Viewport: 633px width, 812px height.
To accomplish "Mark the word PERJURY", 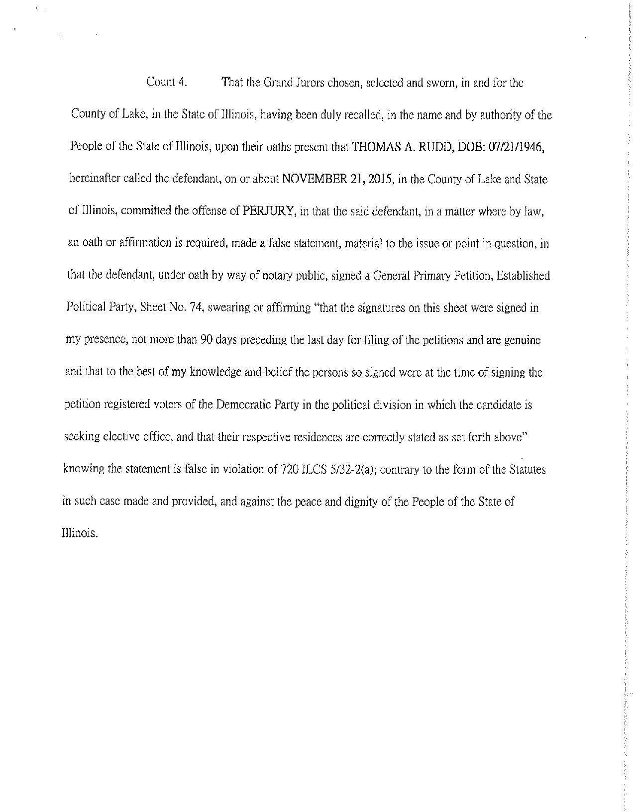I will pyautogui.click(x=270, y=211).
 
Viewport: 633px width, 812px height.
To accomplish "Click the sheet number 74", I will pyautogui.click(x=196, y=308).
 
